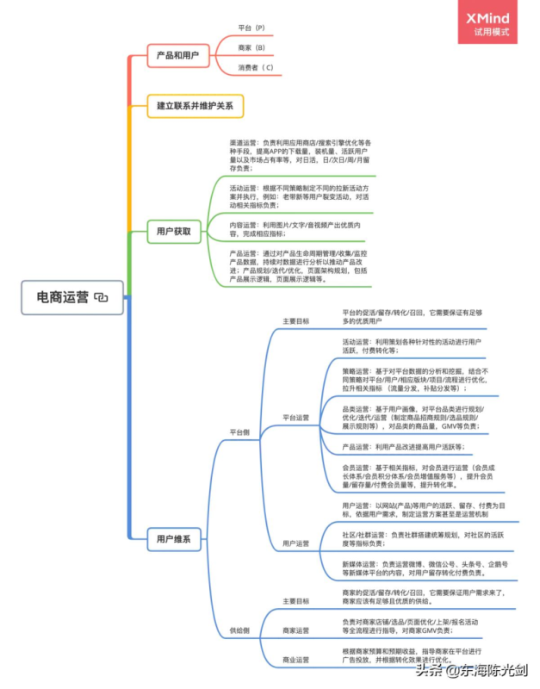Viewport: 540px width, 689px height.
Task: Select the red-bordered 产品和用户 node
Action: (177, 56)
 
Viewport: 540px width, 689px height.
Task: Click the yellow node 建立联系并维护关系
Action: (195, 106)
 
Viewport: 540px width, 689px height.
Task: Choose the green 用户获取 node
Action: (173, 231)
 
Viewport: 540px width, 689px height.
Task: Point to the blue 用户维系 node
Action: (173, 540)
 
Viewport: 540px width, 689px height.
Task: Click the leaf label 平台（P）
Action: (251, 28)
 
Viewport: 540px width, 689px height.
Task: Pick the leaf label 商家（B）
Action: (251, 48)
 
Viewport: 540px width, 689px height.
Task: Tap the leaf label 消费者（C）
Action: (255, 67)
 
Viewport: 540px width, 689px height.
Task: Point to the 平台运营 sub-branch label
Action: (295, 417)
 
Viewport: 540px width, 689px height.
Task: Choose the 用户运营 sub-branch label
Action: (295, 543)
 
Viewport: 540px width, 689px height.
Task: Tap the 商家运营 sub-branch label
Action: (295, 630)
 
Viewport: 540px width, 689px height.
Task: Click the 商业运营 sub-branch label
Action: (295, 660)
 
